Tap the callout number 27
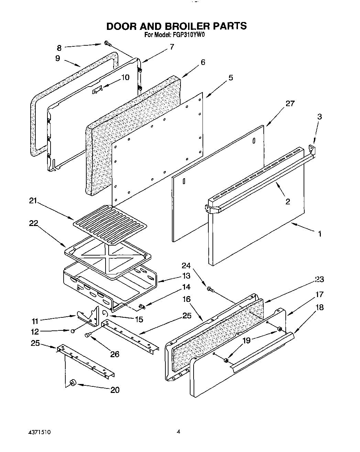290,103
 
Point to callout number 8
59,48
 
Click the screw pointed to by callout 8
107,43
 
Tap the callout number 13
186,276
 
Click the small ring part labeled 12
73,331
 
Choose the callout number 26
114,354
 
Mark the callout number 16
186,299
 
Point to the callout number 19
247,341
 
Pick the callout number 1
320,234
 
